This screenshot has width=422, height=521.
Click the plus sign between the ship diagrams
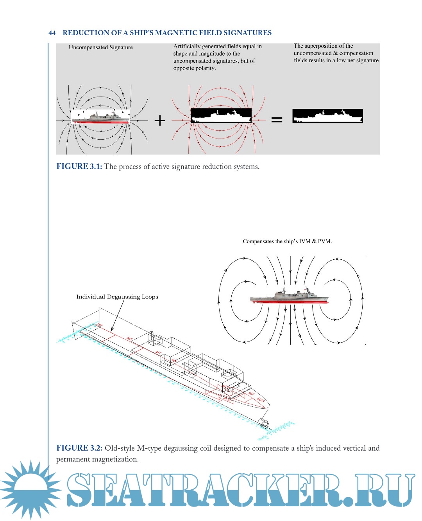coord(160,120)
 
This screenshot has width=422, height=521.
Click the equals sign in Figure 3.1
coord(277,120)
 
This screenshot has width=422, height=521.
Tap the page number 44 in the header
coord(52,33)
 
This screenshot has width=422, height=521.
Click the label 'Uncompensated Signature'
coord(101,47)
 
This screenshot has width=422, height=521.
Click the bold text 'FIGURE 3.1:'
coord(79,167)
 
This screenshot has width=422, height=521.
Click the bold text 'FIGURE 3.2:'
coord(79,448)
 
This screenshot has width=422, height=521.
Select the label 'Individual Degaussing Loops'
coord(117,297)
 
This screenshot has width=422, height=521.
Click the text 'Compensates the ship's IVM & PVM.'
coord(287,241)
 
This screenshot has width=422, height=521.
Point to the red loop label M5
coord(130,338)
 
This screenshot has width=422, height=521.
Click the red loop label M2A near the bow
coord(261,400)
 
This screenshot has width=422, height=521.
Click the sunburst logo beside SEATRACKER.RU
coord(30,490)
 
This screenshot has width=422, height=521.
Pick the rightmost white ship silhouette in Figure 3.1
coord(327,116)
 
